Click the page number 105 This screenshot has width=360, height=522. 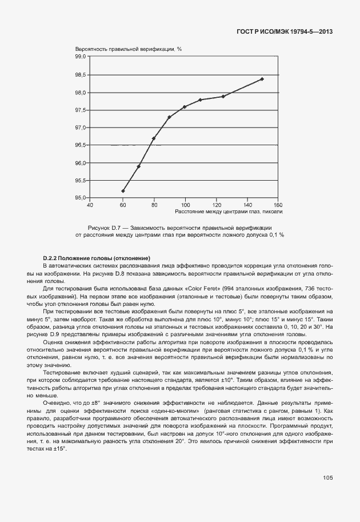pos(327,477)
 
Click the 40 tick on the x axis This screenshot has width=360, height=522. pos(90,204)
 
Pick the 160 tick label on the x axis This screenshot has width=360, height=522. pos(278,204)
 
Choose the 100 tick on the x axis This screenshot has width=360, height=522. pos(185,204)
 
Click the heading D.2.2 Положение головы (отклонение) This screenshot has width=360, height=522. pos(97,259)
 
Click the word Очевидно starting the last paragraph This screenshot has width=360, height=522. pos(55,403)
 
